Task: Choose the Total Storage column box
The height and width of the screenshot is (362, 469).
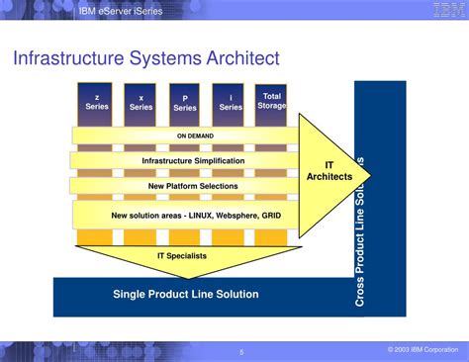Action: point(271,101)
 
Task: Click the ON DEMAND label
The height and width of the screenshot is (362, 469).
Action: point(195,136)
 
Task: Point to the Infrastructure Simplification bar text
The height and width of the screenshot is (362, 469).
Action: point(193,160)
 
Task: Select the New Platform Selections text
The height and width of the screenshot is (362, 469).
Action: point(193,185)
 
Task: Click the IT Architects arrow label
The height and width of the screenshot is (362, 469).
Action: point(329,170)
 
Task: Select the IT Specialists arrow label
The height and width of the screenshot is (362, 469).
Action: point(181,255)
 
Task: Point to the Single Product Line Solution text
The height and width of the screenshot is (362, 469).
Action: point(186,294)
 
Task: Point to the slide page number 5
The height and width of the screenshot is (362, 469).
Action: point(240,350)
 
